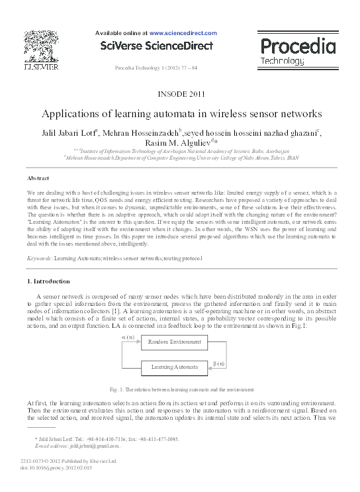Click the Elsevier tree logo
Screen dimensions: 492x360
coord(41,45)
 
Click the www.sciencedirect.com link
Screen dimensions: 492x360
coord(183,32)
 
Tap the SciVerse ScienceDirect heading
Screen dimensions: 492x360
coord(156,46)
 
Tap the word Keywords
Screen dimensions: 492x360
coord(39,257)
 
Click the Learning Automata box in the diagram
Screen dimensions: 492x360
coord(171,366)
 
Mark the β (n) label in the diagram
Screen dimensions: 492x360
coord(220,363)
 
